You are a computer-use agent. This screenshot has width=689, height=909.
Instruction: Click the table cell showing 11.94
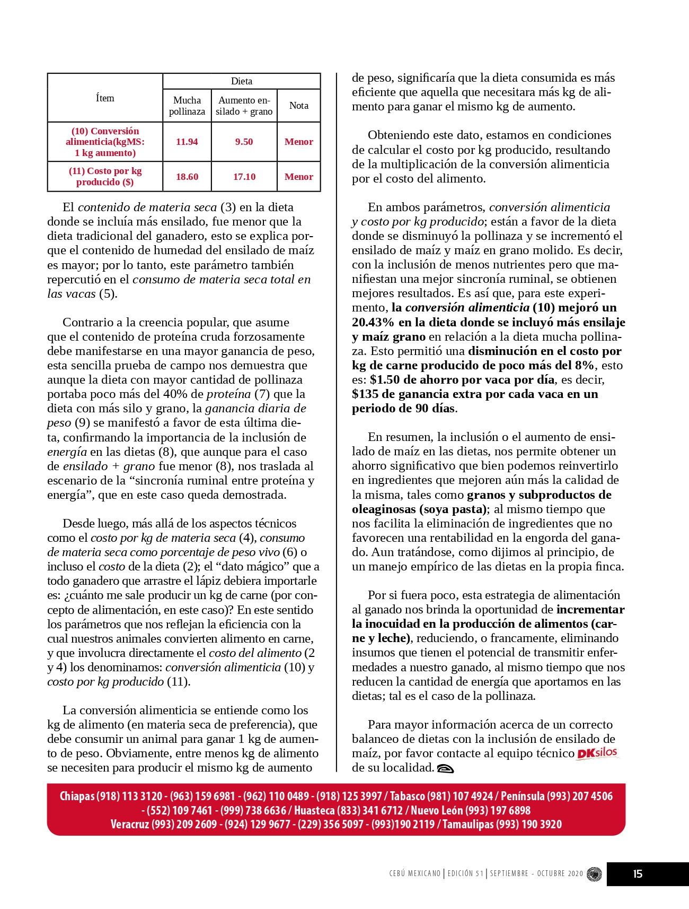[x=187, y=142]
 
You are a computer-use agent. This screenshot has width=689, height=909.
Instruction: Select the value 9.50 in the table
[x=244, y=142]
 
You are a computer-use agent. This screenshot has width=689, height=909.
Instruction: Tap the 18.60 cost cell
[x=187, y=177]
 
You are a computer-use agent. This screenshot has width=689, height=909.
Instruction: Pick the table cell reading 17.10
[x=244, y=177]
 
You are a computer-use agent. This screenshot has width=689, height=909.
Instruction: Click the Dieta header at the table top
[x=241, y=81]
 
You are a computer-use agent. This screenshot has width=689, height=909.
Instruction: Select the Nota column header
[x=298, y=106]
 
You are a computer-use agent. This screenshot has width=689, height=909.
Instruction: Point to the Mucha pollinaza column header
[x=187, y=106]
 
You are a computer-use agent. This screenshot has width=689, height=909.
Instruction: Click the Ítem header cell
[x=105, y=98]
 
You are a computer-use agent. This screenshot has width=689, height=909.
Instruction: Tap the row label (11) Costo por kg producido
[x=105, y=176]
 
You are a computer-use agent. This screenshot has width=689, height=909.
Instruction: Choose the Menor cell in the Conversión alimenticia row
[x=298, y=142]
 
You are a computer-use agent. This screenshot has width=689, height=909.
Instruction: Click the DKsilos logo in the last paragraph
[x=597, y=753]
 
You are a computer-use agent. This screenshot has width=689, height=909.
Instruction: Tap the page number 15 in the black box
[x=638, y=874]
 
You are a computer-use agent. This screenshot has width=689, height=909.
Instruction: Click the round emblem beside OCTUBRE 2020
[x=594, y=874]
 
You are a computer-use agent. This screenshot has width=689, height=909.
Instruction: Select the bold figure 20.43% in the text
[x=373, y=322]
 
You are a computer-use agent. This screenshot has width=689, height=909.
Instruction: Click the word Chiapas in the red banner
[x=77, y=796]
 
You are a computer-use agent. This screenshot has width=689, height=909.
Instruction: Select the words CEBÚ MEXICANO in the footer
[x=414, y=873]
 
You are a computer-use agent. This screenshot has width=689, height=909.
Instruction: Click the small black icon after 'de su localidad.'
[x=445, y=768]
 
